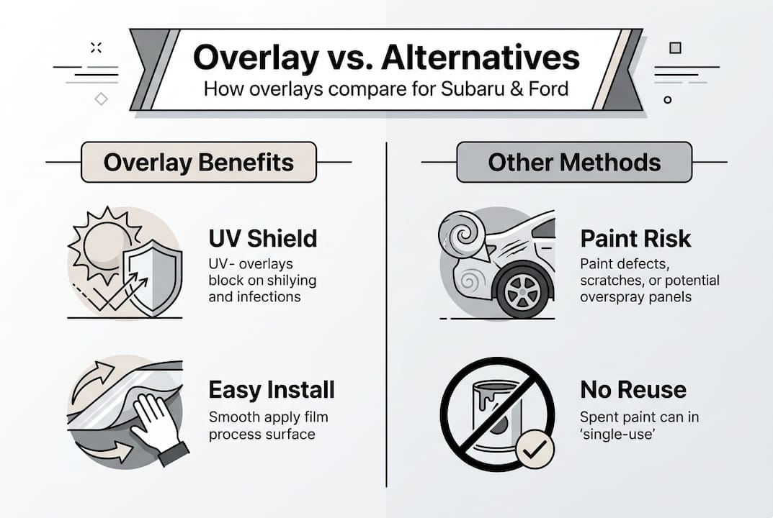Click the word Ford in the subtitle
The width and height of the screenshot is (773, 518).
point(549,89)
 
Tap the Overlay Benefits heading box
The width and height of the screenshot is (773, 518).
point(199,162)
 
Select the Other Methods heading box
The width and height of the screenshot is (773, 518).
point(574,162)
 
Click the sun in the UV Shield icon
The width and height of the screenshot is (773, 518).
point(104,245)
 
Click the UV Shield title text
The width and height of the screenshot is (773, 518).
point(263,238)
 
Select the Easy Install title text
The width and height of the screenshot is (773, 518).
point(272,390)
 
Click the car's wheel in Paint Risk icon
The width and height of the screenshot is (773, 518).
point(522,289)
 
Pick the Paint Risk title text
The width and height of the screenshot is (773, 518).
point(635,238)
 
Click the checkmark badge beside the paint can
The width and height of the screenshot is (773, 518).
point(535,449)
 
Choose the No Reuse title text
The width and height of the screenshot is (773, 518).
point(633,390)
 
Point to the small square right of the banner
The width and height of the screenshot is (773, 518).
point(676,47)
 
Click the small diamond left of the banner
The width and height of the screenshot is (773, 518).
point(101,99)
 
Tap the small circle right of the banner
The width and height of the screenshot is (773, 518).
point(668,100)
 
